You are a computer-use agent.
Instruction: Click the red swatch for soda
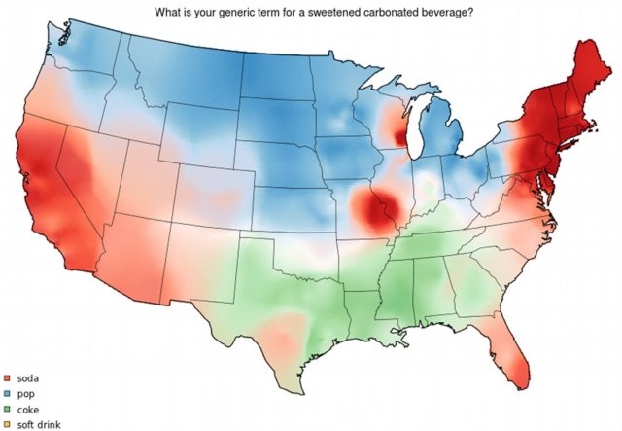pos(6,377)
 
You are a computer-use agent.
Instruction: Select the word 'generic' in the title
pos(251,12)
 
